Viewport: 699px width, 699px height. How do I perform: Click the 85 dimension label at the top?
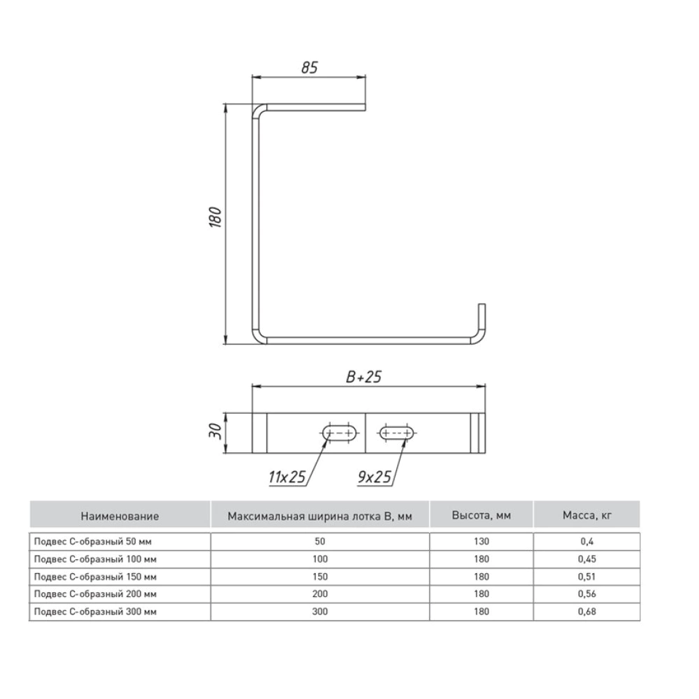pyautogui.click(x=310, y=67)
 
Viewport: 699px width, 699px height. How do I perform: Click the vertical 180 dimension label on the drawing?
pyautogui.click(x=215, y=217)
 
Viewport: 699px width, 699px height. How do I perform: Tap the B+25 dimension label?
pyautogui.click(x=363, y=377)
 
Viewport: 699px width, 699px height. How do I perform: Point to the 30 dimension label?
pyautogui.click(x=215, y=431)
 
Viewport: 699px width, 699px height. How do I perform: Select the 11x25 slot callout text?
pyautogui.click(x=287, y=477)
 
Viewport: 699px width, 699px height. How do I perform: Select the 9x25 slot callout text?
pyautogui.click(x=375, y=477)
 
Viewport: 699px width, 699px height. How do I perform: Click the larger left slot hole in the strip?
pyautogui.click(x=340, y=433)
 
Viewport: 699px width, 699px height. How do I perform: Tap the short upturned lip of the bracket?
pyautogui.click(x=482, y=319)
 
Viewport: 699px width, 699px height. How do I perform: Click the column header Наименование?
pyautogui.click(x=120, y=517)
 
